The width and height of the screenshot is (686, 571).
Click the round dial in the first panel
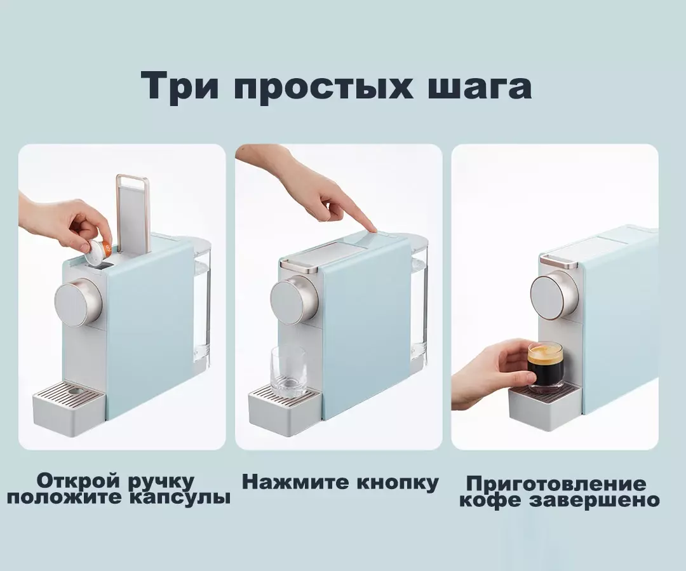[78, 299]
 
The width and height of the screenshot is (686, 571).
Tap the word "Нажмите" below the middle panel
[296, 481]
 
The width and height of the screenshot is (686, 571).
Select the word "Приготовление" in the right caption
[556, 485]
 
